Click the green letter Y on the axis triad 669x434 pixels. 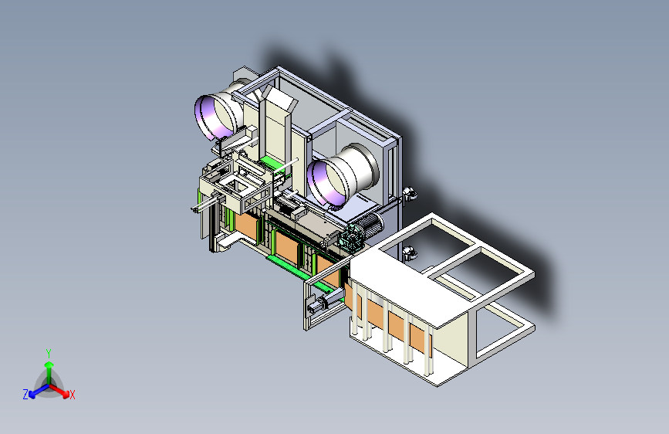click(x=49, y=354)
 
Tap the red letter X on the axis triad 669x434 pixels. click(x=72, y=395)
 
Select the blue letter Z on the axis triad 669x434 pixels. click(x=25, y=395)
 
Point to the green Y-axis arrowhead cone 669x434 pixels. click(x=49, y=365)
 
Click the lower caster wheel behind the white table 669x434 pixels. click(x=409, y=253)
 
